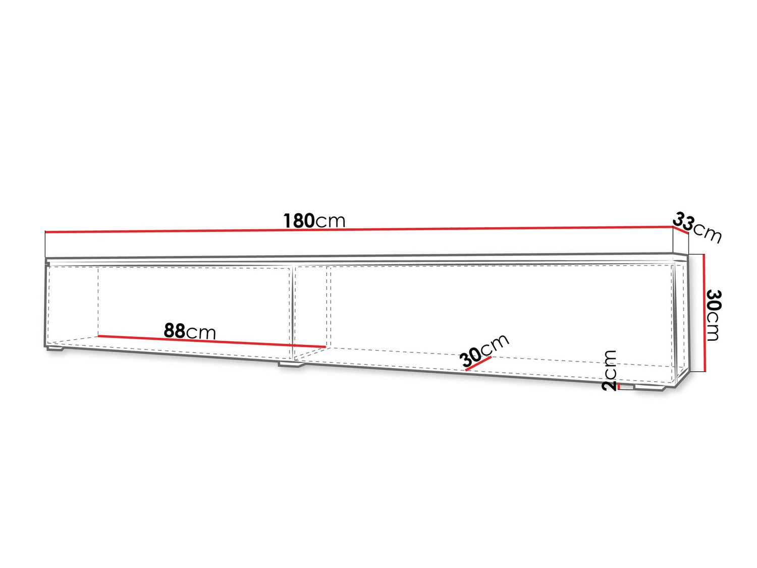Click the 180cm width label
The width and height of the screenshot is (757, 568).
point(314,221)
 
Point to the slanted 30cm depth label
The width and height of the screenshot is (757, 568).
point(484,349)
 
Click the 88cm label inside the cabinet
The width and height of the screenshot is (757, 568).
point(190,331)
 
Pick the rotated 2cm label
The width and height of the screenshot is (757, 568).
point(609,371)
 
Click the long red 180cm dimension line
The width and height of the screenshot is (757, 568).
point(359,229)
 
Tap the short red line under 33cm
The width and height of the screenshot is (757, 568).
point(681,230)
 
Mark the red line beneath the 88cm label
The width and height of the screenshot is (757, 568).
point(212,341)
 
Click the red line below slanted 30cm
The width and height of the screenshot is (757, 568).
point(478,364)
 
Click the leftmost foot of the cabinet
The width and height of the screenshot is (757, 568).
point(56,349)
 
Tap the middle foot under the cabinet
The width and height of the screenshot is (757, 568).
point(291,364)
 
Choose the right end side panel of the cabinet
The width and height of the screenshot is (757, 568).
point(680,319)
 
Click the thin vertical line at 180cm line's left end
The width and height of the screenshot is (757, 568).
point(45,244)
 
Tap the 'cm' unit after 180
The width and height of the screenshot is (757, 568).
point(330,221)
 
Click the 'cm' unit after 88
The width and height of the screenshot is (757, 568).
point(201,332)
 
